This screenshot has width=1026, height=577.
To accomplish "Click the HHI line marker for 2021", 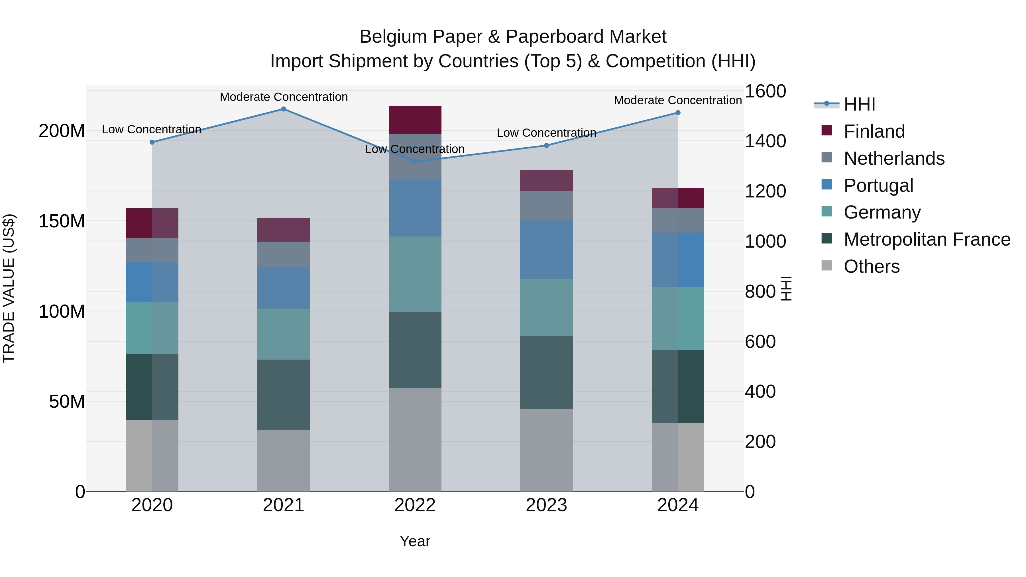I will tap(284, 109).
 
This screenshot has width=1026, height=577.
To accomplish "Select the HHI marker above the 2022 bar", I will tap(415, 162).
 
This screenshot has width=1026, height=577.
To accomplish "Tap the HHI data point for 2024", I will tap(678, 113).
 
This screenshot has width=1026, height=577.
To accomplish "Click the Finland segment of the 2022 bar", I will tap(415, 119).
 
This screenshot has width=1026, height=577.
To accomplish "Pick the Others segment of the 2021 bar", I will tap(284, 460).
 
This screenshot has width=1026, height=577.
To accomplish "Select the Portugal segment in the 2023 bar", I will tap(546, 250).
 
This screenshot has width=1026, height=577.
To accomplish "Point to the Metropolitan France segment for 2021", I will tap(284, 395).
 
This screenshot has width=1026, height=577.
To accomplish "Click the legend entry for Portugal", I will tap(878, 185).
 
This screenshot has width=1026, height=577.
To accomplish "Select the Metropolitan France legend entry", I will tap(927, 239).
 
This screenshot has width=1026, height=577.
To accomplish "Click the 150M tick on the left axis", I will tap(62, 221).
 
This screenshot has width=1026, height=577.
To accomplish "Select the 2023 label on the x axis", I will tap(546, 505).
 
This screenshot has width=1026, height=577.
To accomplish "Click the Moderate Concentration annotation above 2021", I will tap(284, 97).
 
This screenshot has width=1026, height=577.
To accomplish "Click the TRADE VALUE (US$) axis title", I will tap(9, 288).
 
